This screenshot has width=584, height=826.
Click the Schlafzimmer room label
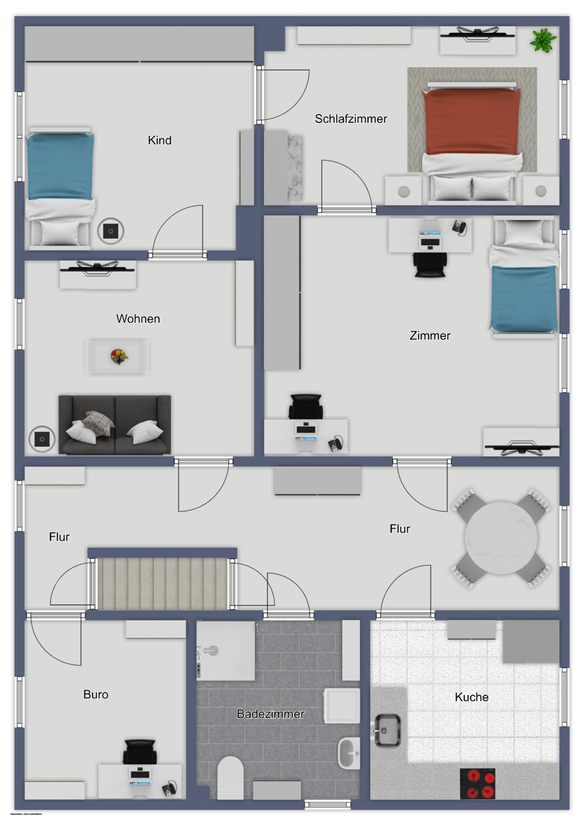(350, 119)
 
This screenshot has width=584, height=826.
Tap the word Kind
(159, 140)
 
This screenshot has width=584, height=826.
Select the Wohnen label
(138, 319)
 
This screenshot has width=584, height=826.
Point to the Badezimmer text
(270, 714)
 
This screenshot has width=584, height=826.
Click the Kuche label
(471, 697)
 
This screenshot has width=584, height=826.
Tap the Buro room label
(95, 695)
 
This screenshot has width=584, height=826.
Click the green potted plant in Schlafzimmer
(543, 40)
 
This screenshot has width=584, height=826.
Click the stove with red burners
(477, 784)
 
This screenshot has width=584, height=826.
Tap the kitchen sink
(387, 730)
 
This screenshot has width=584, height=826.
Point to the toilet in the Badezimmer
(230, 777)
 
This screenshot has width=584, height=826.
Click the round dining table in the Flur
(501, 538)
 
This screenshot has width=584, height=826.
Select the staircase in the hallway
(163, 584)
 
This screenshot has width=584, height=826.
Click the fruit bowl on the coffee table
(118, 356)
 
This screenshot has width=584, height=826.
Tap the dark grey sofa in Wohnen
(115, 425)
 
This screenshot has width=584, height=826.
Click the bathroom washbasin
(348, 753)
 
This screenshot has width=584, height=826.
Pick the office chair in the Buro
(139, 752)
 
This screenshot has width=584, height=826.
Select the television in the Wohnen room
(97, 268)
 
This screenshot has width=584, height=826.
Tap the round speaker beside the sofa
(42, 439)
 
